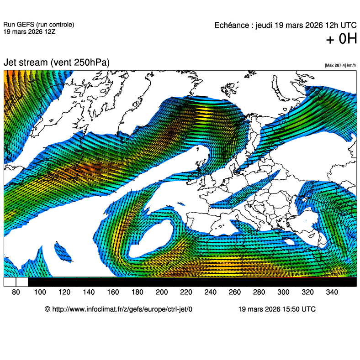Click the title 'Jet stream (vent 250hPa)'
tap(57, 63)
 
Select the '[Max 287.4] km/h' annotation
tap(340, 66)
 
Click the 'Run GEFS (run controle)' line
tap(38, 25)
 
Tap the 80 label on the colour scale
tap(16, 292)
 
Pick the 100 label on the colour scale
tap(40, 292)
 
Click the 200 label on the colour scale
tap(162, 292)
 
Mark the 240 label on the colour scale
tap(211, 292)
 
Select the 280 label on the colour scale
tap(259, 292)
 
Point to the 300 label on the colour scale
tap(283, 292)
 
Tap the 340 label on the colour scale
tap(332, 292)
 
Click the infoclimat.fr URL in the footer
tap(122, 309)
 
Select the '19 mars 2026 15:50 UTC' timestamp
tap(277, 309)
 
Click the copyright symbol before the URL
tap(48, 309)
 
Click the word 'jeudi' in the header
tap(264, 26)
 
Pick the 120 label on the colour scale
tap(64, 292)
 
